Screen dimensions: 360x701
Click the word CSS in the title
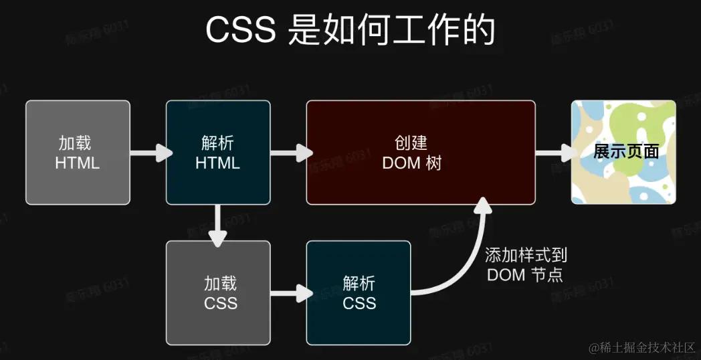point(240,31)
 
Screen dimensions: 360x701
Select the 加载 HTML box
point(78,153)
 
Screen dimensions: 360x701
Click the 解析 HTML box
point(218,153)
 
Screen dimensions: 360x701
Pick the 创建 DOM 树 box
point(421,153)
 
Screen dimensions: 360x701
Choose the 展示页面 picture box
point(623,153)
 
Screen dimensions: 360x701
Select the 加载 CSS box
point(218,293)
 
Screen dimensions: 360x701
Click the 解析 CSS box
point(359,293)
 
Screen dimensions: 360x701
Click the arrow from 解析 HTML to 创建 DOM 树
point(290,153)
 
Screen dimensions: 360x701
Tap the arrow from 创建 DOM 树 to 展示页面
point(555,153)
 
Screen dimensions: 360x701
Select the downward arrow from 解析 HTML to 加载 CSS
point(218,224)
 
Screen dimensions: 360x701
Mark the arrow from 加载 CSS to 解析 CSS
point(290,293)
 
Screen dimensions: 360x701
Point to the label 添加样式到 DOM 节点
point(525,264)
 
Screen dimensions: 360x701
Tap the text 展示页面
point(626,152)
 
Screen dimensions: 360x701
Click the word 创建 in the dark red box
point(411,143)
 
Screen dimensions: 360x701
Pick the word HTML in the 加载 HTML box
point(78,163)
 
